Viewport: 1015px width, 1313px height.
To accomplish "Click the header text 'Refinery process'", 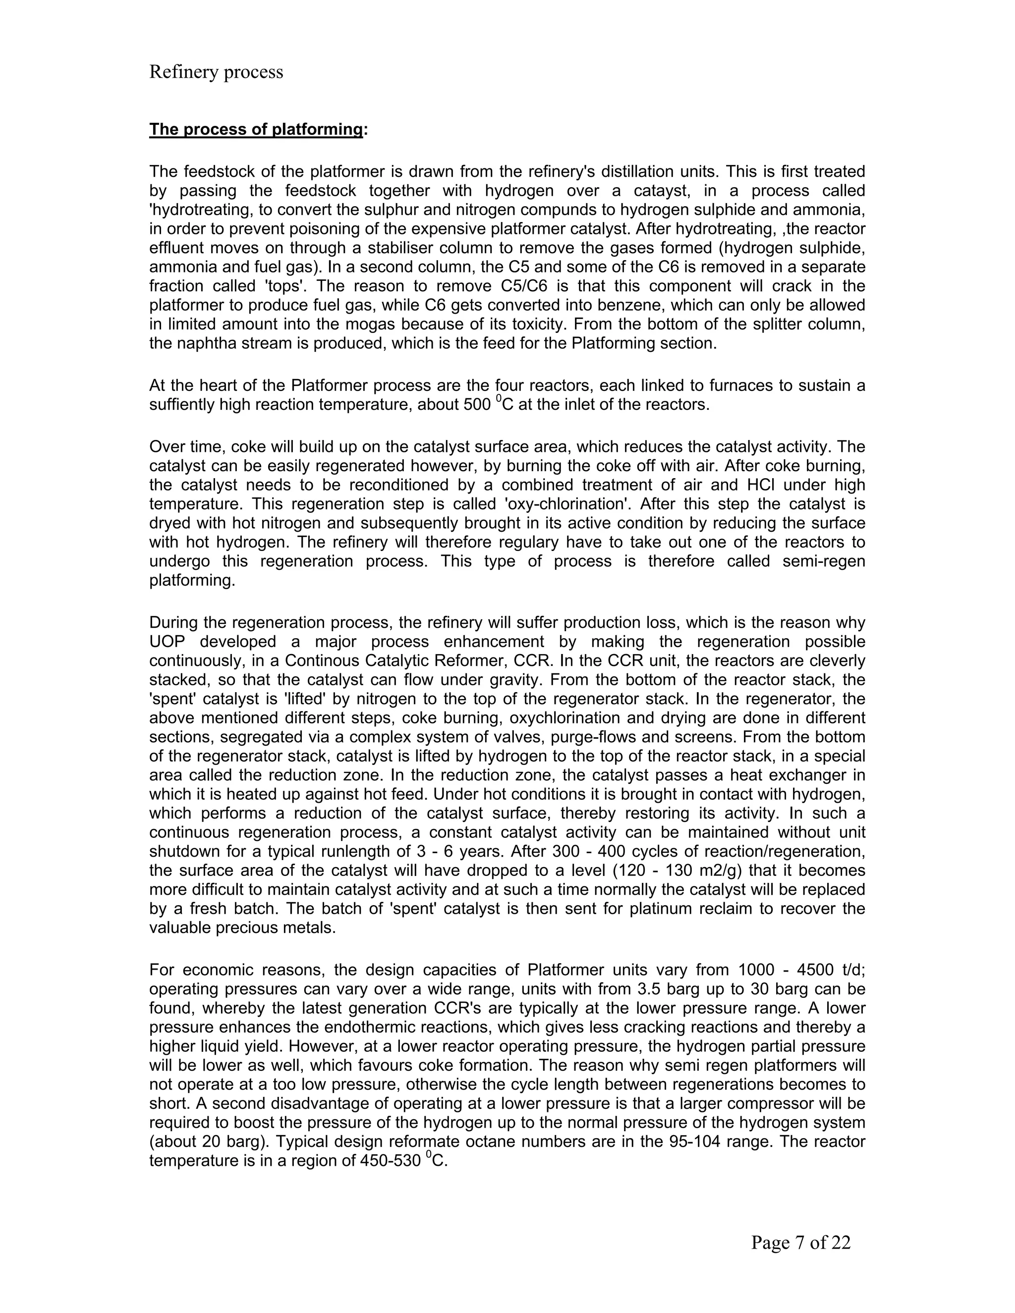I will pos(216,72).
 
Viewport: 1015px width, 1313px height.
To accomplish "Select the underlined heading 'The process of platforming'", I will pos(256,129).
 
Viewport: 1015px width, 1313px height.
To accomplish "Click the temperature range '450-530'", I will pos(390,1160).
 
